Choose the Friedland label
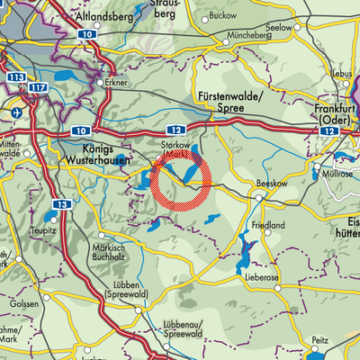[267, 225]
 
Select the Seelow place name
[304, 28]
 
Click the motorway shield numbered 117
[37, 86]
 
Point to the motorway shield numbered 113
[13, 77]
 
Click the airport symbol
[17, 112]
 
